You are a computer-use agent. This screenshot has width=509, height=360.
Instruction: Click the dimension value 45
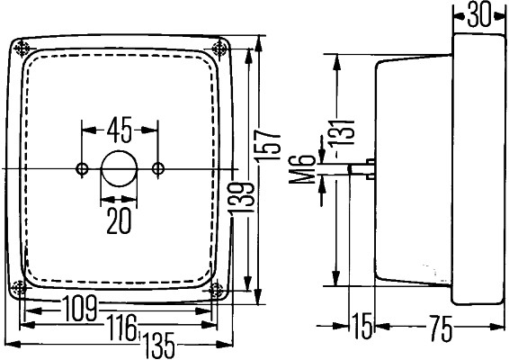point(121,129)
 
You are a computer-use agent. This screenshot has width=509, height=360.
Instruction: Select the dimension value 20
point(119,219)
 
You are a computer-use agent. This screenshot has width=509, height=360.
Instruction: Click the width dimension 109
point(81,309)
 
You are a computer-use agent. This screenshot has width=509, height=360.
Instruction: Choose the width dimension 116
point(121,326)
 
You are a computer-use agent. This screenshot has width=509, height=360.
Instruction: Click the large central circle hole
point(119,169)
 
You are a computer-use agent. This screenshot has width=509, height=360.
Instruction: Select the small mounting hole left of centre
point(83,169)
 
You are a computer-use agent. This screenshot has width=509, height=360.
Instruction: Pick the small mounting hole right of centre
point(158,169)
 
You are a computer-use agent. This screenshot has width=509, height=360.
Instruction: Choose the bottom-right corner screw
point(218,289)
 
